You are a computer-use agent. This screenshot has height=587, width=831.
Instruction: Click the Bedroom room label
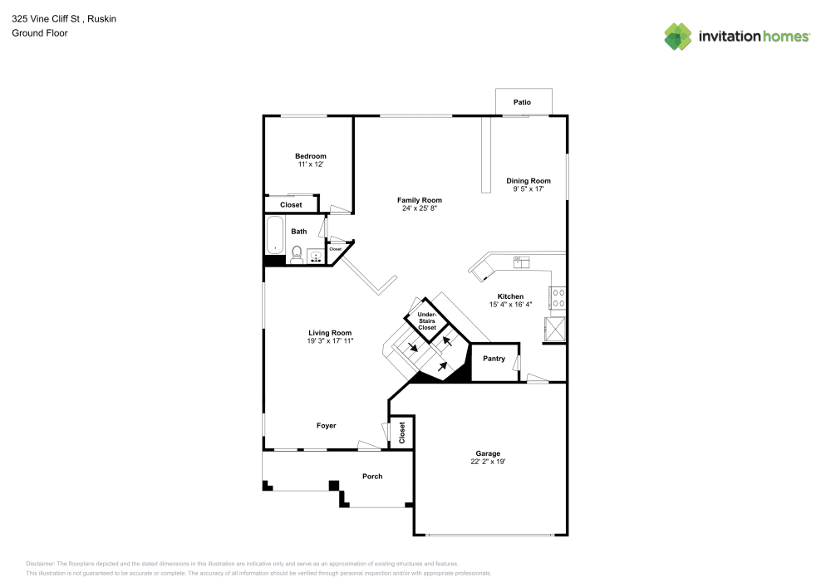(310, 156)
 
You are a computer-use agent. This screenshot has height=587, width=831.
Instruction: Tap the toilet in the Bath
(297, 253)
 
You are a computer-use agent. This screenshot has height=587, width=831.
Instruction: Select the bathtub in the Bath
(275, 235)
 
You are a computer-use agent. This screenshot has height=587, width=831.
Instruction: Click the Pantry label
(494, 359)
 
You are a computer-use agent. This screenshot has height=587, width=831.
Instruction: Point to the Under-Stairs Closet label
(426, 321)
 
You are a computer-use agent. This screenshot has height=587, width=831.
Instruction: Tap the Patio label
(522, 102)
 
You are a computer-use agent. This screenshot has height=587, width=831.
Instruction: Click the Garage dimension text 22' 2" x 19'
(488, 462)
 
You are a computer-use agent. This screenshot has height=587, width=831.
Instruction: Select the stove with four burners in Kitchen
(558, 297)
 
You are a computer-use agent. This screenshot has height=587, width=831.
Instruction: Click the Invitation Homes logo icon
(677, 36)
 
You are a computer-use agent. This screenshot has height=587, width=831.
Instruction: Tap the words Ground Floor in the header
(39, 33)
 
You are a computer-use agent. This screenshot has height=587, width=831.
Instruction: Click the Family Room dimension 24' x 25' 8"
(419, 208)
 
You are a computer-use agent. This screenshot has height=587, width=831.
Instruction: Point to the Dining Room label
(529, 181)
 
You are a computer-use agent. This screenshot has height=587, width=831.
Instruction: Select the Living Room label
(331, 333)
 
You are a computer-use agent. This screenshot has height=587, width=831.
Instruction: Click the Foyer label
(326, 426)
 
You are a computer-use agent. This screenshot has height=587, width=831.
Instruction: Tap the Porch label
(372, 476)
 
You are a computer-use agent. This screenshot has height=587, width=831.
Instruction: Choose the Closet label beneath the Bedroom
(291, 204)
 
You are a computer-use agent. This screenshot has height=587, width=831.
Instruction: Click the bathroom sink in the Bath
(316, 256)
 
